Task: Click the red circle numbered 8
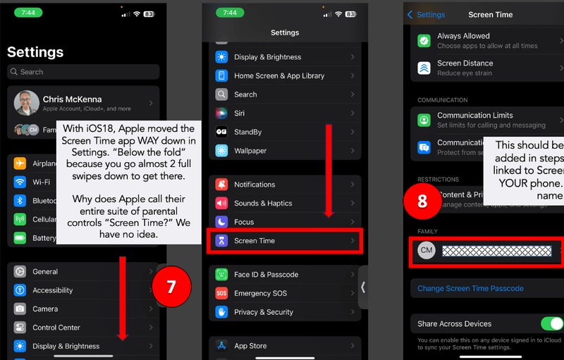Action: (422, 201)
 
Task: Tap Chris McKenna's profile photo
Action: (27, 103)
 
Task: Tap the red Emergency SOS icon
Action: (221, 293)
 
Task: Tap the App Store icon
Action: (221, 346)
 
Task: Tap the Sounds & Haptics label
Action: (262, 204)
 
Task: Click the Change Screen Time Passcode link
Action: (470, 288)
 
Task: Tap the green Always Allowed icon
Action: (424, 40)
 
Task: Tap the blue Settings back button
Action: (427, 15)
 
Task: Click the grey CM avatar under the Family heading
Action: (427, 251)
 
